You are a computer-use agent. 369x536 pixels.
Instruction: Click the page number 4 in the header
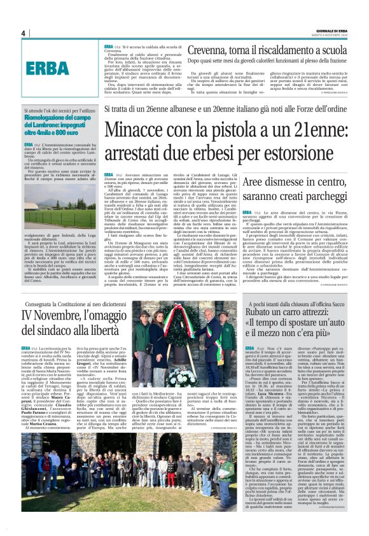[22, 33]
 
